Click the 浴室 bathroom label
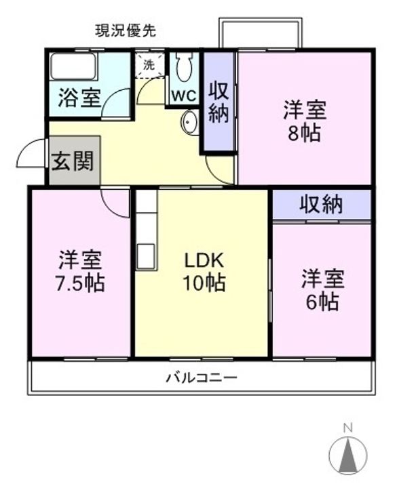(x=80, y=98)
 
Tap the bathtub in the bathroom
(x=74, y=66)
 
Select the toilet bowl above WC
(x=184, y=67)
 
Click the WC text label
(x=184, y=96)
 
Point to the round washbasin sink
(x=189, y=122)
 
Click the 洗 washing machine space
(x=149, y=65)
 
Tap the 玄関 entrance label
(x=73, y=161)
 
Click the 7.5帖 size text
(x=80, y=283)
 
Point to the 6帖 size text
(x=323, y=301)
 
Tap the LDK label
(x=204, y=260)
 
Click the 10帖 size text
(x=204, y=283)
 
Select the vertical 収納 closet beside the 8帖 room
(x=219, y=102)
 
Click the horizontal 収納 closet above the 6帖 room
(x=322, y=204)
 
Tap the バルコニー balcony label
(x=202, y=378)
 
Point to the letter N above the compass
(x=347, y=428)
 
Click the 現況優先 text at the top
(x=126, y=30)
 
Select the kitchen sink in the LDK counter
(x=147, y=256)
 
